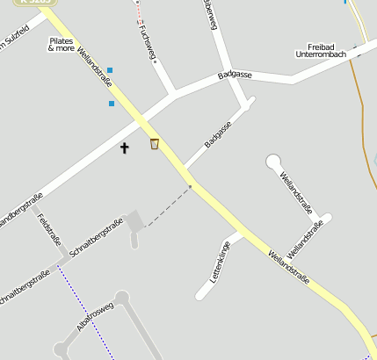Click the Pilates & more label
[x=62, y=45]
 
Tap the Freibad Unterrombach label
[x=321, y=50]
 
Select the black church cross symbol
[x=125, y=148]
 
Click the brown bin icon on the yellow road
[x=155, y=144]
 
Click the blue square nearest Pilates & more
[x=110, y=70]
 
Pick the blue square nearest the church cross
[x=112, y=104]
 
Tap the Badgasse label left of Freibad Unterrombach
[x=235, y=76]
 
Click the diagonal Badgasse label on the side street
[x=217, y=134]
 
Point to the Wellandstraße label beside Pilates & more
[x=95, y=67]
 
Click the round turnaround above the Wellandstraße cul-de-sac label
[x=274, y=162]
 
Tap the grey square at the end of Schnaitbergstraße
[x=134, y=220]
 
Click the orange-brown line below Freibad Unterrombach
[x=360, y=97]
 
